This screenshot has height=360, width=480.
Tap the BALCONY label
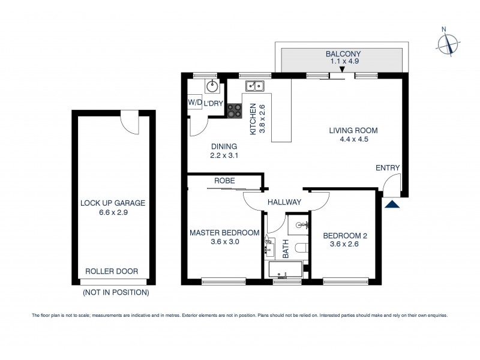coord(343,53)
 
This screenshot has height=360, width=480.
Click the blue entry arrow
coord(392,205)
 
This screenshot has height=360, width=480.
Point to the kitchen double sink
coord(256,86)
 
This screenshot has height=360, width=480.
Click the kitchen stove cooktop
coord(234,110)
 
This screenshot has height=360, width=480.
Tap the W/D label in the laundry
coord(195,103)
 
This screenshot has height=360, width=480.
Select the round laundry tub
coord(211,86)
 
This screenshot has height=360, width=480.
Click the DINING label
coord(224,146)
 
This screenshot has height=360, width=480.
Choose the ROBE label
coord(225,181)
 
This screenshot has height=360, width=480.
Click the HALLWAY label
coord(284,202)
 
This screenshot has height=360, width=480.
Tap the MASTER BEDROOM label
coord(224,233)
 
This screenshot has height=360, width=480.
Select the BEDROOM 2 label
coord(345,236)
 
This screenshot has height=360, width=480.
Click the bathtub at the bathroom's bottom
coord(286,269)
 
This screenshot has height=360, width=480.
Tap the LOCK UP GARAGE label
coord(113,203)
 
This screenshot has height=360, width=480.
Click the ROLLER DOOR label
coord(112,272)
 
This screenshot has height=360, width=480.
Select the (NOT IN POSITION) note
coord(116,293)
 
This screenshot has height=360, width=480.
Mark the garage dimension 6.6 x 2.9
coord(113,212)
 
